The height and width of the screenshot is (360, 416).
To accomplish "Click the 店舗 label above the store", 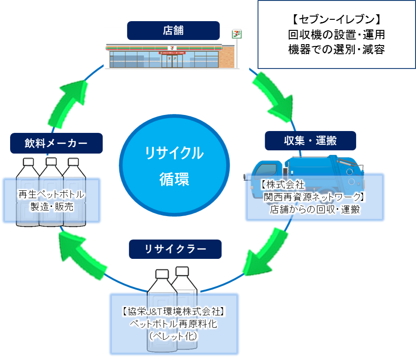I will pos(173,31).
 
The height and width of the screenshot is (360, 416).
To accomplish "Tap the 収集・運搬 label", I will pos(310,141).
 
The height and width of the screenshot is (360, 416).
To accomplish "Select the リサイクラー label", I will pos(175,249).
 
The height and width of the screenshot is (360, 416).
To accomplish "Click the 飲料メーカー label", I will pos(56,143).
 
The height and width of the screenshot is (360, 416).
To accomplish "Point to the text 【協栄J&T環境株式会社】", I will pos(173,311).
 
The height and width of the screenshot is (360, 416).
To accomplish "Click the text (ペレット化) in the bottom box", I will pos(173,336).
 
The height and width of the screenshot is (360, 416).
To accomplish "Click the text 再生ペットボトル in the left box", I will pos(51,194).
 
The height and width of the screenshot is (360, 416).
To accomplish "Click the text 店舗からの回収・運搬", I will pos(315,210).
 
